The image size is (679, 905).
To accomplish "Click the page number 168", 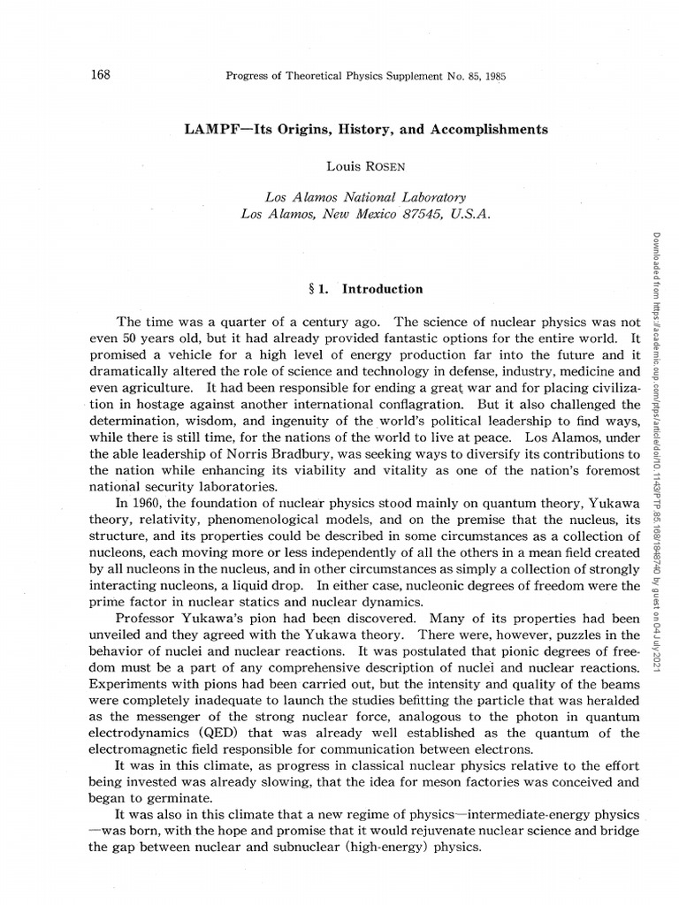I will click(100, 74).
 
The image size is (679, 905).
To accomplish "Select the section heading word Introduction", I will click(382, 289).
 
